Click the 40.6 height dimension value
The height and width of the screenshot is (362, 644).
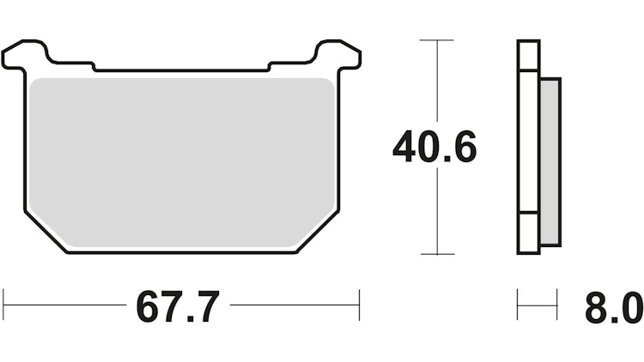[x=434, y=148]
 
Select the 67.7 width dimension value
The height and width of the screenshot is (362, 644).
[x=178, y=306]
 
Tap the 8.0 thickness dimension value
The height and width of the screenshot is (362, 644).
[x=613, y=306]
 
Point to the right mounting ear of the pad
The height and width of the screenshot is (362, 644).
[x=340, y=54]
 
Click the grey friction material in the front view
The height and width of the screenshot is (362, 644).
[x=180, y=159]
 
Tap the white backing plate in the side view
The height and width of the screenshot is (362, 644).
[x=529, y=146]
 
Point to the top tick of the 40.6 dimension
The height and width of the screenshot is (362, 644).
[x=438, y=40]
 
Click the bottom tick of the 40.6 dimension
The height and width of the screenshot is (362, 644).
[x=438, y=254]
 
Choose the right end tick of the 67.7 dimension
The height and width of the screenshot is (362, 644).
[x=359, y=305]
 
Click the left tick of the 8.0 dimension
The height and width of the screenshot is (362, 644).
[x=518, y=305]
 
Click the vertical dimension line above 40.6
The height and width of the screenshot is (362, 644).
[x=438, y=81]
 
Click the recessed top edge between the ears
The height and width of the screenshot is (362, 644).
[x=180, y=69]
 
